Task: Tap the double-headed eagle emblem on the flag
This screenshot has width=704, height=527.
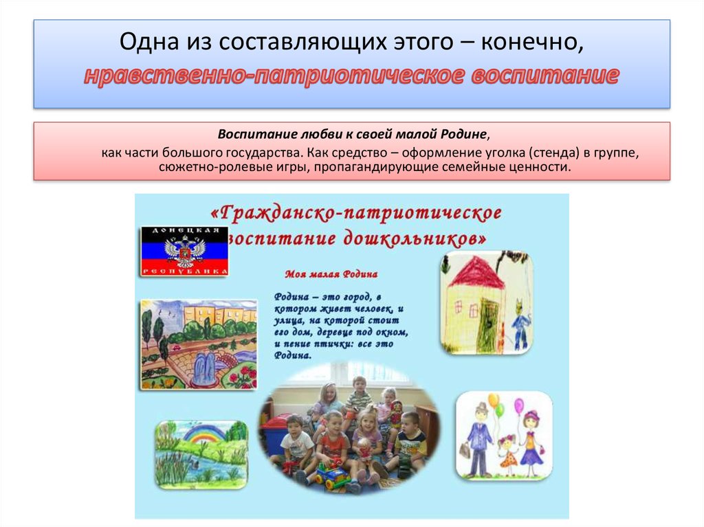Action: click(184, 251)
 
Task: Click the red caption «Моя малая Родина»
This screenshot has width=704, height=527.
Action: click(331, 273)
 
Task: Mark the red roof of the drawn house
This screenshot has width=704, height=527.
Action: click(477, 272)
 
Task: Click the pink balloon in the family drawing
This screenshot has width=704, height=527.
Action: click(518, 405)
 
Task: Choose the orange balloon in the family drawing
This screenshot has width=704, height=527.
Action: click(493, 400)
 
